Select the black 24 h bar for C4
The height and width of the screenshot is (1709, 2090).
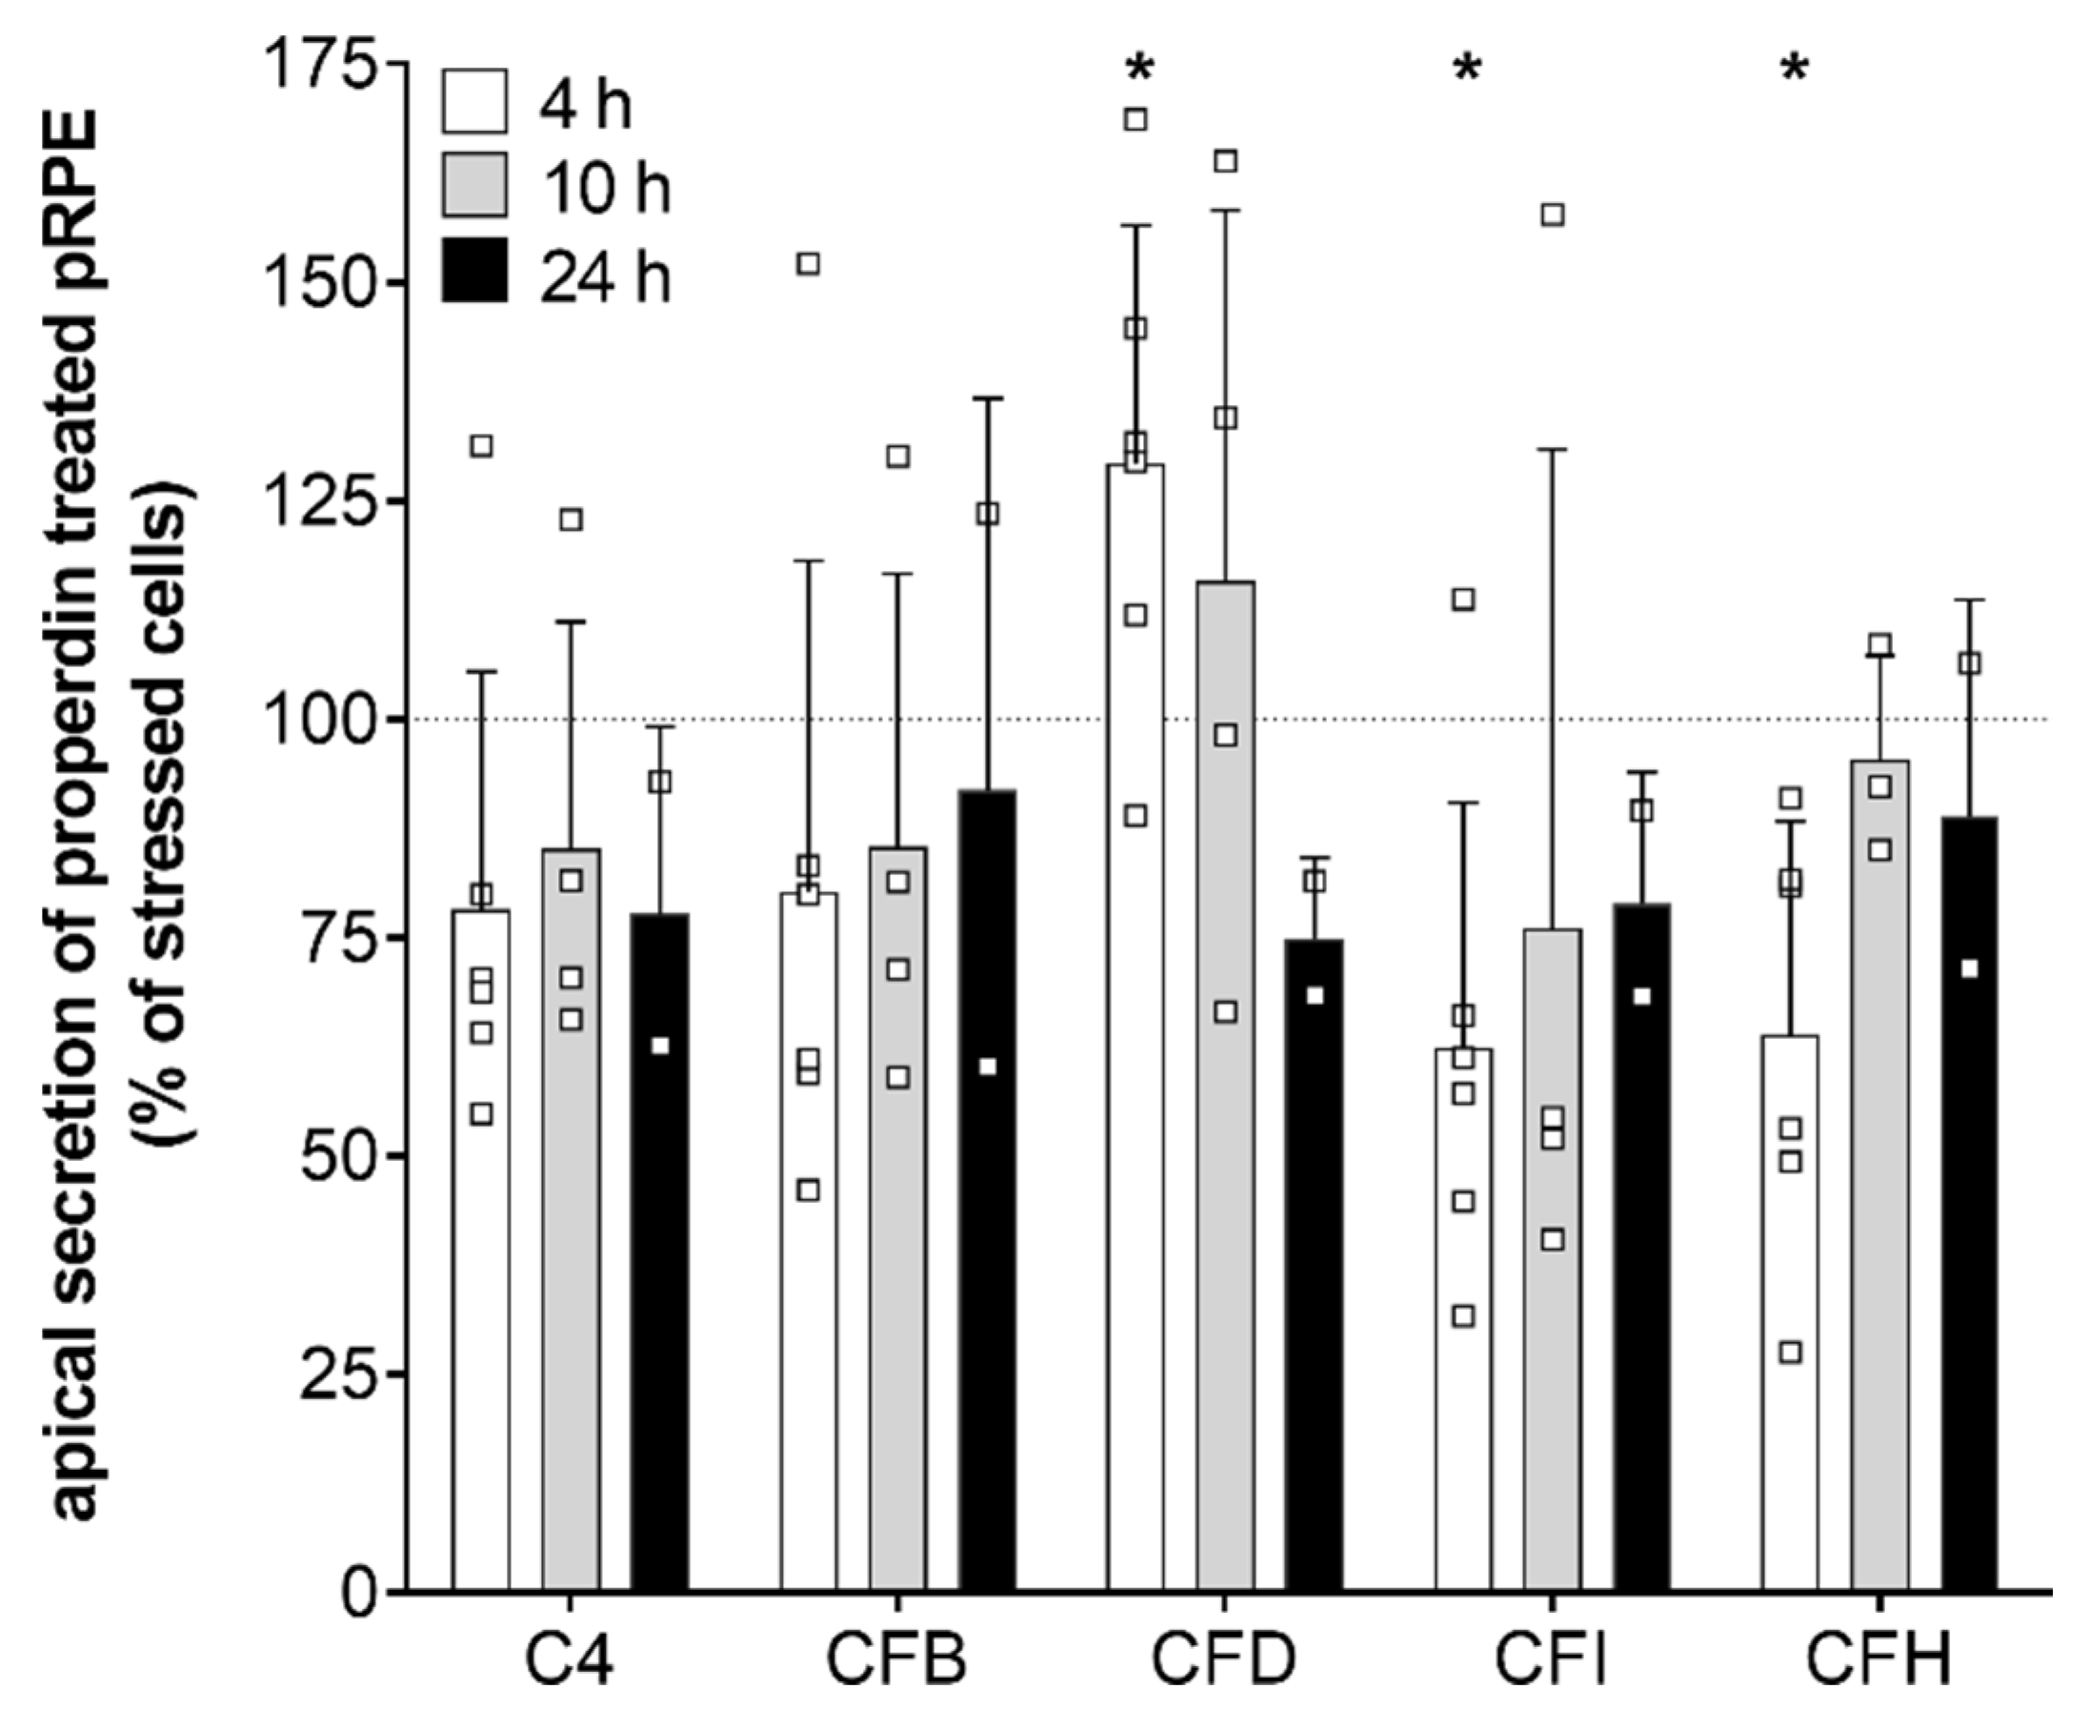tap(659, 1251)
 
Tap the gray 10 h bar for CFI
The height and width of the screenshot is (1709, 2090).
tap(1553, 1260)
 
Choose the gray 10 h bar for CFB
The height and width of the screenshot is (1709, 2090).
tap(897, 1221)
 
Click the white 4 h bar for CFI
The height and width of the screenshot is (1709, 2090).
tap(1463, 1319)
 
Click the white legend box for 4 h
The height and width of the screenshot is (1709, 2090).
tap(474, 101)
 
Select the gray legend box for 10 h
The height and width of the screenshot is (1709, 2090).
tap(474, 185)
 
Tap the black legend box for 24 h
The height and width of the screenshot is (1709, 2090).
tap(474, 270)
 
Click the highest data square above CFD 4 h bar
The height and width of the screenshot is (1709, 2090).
tap(1135, 120)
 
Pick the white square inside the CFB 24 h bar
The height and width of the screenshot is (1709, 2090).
tap(988, 1068)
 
